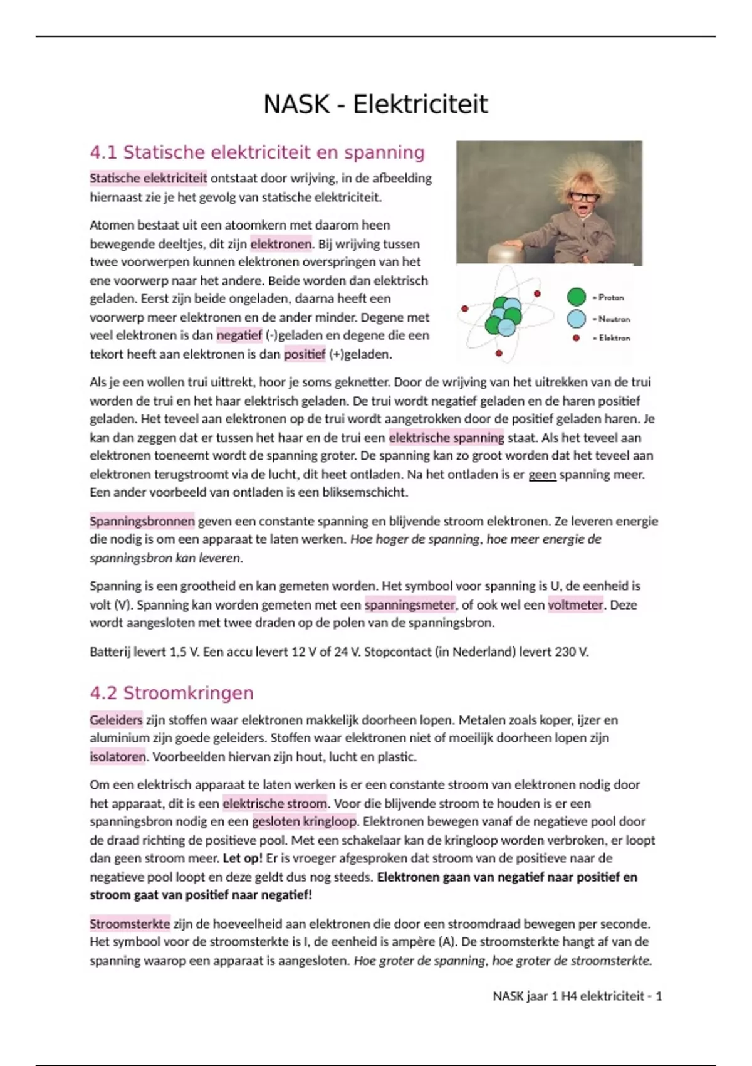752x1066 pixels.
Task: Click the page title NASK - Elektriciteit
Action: pyautogui.click(x=375, y=104)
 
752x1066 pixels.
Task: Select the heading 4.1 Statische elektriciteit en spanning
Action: pyautogui.click(x=257, y=152)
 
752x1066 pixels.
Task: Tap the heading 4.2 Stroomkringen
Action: pyautogui.click(x=171, y=693)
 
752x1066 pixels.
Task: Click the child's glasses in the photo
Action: pyautogui.click(x=584, y=196)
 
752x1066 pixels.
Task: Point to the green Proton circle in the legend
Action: pyautogui.click(x=576, y=297)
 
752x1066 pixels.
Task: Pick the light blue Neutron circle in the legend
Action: pyautogui.click(x=576, y=319)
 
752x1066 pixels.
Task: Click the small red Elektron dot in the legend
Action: pyautogui.click(x=576, y=338)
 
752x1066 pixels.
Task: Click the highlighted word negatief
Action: pyautogui.click(x=239, y=335)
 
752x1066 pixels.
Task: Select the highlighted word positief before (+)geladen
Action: pyautogui.click(x=305, y=354)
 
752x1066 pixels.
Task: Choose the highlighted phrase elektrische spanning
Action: pyautogui.click(x=446, y=438)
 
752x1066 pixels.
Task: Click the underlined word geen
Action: pyautogui.click(x=542, y=475)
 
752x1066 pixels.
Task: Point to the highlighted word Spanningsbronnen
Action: pyautogui.click(x=142, y=521)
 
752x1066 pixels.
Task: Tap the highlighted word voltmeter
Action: pyautogui.click(x=575, y=605)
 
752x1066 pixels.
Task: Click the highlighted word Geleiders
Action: pyautogui.click(x=116, y=720)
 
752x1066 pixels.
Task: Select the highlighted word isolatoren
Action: pyautogui.click(x=117, y=757)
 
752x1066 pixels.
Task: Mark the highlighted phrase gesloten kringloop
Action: pyautogui.click(x=304, y=821)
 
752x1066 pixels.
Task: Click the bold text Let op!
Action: pyautogui.click(x=243, y=858)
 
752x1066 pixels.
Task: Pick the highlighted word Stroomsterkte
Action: pyautogui.click(x=130, y=924)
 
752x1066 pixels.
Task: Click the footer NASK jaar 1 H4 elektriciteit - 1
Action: pyautogui.click(x=577, y=996)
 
